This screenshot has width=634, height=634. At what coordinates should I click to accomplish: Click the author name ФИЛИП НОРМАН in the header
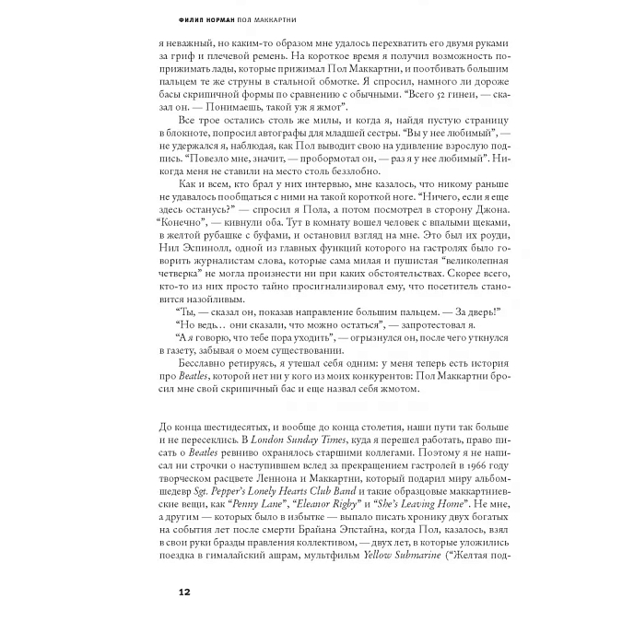point(209,19)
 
